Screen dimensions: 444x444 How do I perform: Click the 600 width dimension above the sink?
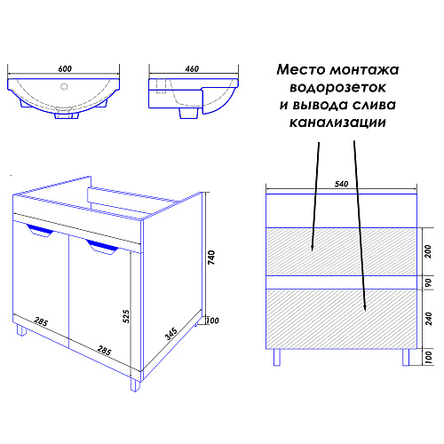65,68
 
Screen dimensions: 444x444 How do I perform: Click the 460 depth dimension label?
192,68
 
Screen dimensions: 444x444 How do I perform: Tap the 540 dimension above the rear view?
341,184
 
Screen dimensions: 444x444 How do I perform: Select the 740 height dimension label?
211,258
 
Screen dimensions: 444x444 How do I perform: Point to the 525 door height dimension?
126,316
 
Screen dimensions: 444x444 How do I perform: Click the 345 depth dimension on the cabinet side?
171,334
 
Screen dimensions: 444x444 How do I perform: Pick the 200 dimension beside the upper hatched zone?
428,251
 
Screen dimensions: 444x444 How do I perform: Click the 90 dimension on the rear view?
428,282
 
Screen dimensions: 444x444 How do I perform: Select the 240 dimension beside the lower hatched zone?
428,319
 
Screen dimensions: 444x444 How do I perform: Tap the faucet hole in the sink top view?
64,86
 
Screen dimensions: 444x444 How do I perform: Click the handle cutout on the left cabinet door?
40,230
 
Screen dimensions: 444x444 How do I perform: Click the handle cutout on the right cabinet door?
102,247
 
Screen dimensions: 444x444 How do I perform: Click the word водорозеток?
337,88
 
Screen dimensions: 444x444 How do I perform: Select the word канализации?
337,123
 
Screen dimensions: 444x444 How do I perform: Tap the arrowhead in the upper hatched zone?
312,248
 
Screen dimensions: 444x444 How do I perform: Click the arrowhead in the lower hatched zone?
365,308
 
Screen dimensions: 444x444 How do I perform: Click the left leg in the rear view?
277,357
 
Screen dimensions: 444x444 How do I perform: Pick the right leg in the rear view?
406,357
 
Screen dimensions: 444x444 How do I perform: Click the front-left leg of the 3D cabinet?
21,330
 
